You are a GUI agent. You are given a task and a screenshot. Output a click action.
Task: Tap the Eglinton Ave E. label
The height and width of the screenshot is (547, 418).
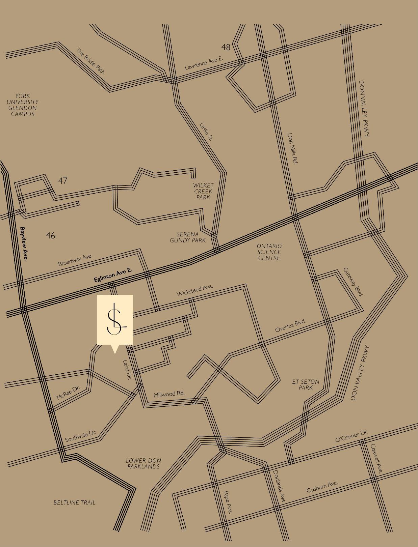pyautogui.click(x=113, y=275)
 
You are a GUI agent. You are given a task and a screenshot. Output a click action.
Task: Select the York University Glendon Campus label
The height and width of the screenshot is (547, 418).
pyautogui.click(x=23, y=105)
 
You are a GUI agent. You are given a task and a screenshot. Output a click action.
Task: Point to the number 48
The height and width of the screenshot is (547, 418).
pyautogui.click(x=226, y=47)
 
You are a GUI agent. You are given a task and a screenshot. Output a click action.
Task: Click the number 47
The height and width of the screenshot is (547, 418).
pyautogui.click(x=62, y=181)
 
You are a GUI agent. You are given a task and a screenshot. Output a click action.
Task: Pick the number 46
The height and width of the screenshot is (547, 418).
pyautogui.click(x=50, y=235)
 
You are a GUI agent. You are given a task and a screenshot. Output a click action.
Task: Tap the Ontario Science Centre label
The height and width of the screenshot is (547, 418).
pyautogui.click(x=269, y=252)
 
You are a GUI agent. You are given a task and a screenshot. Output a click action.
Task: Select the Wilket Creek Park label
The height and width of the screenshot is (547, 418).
pyautogui.click(x=203, y=191)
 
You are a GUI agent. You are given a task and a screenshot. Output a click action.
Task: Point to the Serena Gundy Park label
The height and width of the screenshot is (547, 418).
pyautogui.click(x=188, y=237)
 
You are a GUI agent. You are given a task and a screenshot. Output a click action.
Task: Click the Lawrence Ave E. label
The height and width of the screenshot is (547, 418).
pyautogui.click(x=204, y=63)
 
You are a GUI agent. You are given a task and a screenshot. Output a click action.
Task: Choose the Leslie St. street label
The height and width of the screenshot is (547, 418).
pyautogui.click(x=206, y=131)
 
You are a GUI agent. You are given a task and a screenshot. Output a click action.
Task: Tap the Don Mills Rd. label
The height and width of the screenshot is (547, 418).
pyautogui.click(x=292, y=148)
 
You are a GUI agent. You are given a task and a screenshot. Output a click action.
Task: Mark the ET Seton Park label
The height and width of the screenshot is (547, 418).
pyautogui.click(x=306, y=385)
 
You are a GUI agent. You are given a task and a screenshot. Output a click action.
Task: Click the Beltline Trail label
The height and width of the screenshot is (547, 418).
pyautogui.click(x=74, y=502)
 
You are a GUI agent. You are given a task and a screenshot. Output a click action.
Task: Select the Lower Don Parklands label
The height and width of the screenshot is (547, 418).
pyautogui.click(x=143, y=463)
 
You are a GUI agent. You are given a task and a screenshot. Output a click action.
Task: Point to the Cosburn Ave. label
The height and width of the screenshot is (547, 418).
pyautogui.click(x=322, y=487)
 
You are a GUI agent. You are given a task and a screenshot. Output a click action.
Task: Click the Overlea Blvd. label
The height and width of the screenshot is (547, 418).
pyautogui.click(x=290, y=325)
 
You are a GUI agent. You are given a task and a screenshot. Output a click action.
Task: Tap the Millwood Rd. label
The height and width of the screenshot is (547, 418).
pyautogui.click(x=169, y=394)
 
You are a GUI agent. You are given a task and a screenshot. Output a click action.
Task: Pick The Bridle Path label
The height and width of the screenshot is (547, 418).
pyautogui.click(x=90, y=61)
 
